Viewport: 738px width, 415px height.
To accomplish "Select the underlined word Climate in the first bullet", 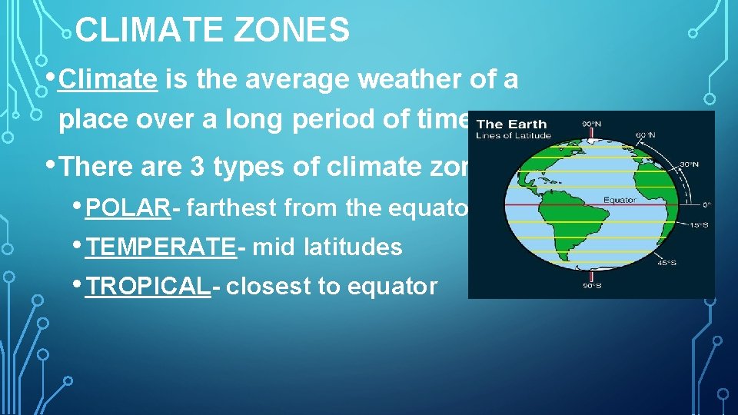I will tap(108, 79).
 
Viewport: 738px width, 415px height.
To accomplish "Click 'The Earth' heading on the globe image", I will tap(512, 124).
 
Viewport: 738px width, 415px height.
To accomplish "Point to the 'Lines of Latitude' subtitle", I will tap(514, 136).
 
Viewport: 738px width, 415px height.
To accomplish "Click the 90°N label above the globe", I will tap(591, 124).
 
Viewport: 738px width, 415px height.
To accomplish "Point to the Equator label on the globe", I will tap(620, 201).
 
